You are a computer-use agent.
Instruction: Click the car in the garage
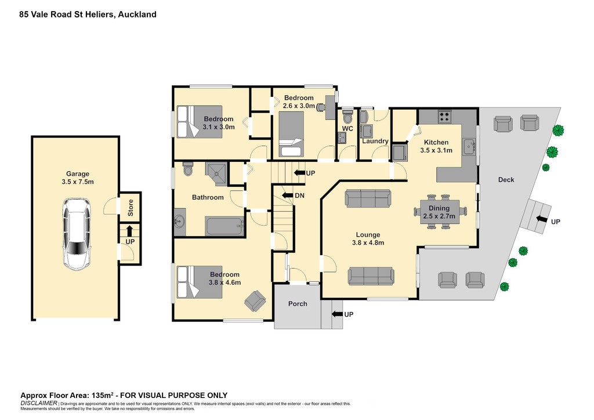coord(77,234)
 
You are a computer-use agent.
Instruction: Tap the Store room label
coord(131,208)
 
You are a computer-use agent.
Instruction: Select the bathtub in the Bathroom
coord(224,226)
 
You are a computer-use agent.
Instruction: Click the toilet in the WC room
coord(347,115)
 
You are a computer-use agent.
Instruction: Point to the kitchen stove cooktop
coord(444,116)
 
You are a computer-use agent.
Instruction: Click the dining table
coord(440,212)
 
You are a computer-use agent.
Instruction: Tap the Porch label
coord(298,304)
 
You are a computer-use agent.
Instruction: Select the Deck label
coord(506,180)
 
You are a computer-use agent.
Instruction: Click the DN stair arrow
coord(288,195)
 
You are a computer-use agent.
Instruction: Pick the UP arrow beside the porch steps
coord(337,314)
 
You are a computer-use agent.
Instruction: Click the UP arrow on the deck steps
coord(542,219)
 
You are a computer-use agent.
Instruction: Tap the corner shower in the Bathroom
coord(216,173)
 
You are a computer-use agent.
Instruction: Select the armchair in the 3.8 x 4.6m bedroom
coord(255,300)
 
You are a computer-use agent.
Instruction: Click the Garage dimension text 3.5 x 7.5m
coord(78,182)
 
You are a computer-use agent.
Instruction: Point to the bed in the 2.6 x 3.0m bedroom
coord(291,134)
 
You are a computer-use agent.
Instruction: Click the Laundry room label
coord(375,142)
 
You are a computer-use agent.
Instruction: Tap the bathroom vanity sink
coord(180,222)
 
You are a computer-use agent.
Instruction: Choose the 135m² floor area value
coord(102,396)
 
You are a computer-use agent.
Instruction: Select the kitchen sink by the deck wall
coord(469,146)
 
